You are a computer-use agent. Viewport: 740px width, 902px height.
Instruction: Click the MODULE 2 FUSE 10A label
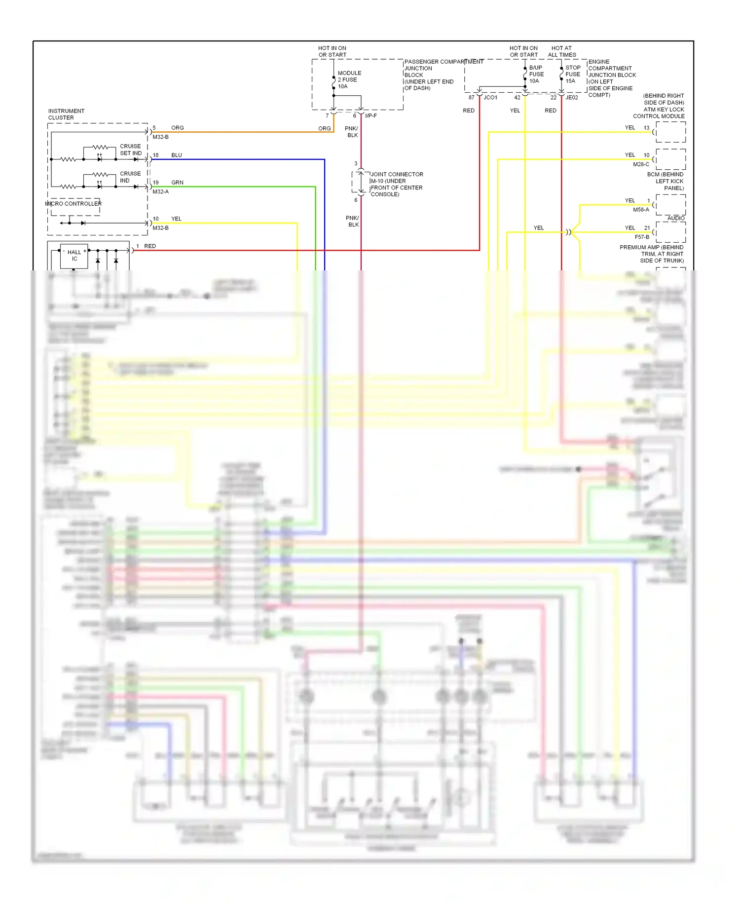click(x=349, y=79)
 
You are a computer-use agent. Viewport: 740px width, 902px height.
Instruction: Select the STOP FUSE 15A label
click(x=572, y=74)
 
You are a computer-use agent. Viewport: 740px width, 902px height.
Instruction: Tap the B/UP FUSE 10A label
click(x=536, y=74)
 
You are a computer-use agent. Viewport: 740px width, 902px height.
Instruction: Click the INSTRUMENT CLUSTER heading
click(x=66, y=114)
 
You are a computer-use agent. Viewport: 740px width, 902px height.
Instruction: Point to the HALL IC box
click(x=74, y=256)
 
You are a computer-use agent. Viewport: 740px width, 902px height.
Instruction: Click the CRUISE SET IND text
click(x=130, y=150)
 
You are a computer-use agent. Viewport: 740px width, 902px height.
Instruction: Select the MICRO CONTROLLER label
click(x=74, y=203)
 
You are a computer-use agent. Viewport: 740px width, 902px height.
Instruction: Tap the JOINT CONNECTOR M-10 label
click(x=396, y=184)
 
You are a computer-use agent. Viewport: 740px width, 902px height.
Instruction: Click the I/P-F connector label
click(x=370, y=115)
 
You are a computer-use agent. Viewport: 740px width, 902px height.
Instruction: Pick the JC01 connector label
click(x=490, y=97)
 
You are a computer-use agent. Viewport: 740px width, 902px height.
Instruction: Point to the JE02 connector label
click(x=571, y=97)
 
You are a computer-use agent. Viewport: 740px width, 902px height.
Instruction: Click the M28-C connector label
click(x=641, y=164)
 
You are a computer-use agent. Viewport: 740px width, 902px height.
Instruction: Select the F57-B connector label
click(x=642, y=237)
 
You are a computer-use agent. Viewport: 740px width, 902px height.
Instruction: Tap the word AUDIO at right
click(x=675, y=218)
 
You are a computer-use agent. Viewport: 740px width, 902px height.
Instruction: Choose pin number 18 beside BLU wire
click(x=155, y=155)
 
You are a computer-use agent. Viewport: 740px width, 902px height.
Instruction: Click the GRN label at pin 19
click(x=177, y=183)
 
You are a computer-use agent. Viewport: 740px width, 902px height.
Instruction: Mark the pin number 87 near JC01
click(x=471, y=97)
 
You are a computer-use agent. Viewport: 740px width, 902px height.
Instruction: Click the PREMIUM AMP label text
click(x=652, y=254)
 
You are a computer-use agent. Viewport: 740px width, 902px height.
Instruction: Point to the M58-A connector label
click(x=641, y=210)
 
